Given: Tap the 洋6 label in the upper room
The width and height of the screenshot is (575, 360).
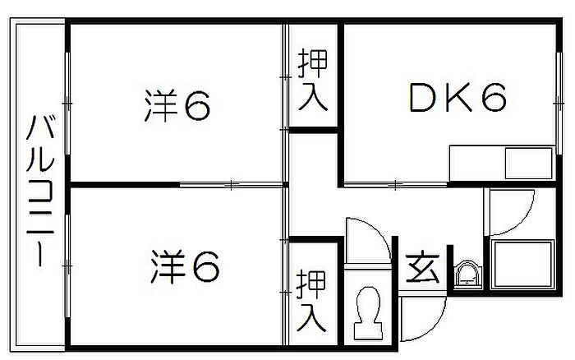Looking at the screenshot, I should pos(179,104).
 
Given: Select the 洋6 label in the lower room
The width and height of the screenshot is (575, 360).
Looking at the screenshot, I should pos(186,265).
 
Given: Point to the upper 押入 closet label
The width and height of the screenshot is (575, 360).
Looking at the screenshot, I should pos(313,81).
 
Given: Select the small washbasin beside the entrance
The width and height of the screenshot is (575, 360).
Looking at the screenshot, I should pos(467,274).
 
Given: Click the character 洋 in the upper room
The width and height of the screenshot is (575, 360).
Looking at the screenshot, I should pos(161,104).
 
